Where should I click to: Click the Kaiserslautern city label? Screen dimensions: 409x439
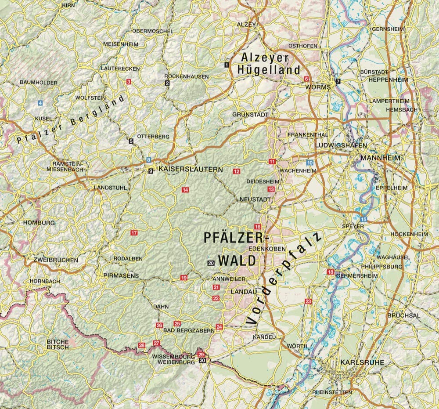tap(191, 169)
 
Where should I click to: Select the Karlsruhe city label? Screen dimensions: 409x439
tap(362, 362)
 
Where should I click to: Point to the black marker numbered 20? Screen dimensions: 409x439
tap(211, 263)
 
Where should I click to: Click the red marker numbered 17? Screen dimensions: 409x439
tap(134, 233)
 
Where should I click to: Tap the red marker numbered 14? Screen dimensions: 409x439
tap(185, 190)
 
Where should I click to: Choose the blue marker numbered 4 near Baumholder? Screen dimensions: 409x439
tap(40, 103)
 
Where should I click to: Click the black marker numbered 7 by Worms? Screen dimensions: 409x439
tap(338, 82)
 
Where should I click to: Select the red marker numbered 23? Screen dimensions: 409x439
tap(308, 301)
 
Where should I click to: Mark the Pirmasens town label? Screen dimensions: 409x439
tap(121, 275)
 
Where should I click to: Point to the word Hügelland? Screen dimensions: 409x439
tap(269, 70)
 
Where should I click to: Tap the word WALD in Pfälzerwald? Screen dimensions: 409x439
tap(237, 261)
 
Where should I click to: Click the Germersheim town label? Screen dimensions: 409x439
tap(357, 275)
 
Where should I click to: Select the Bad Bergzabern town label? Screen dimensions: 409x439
tap(189, 330)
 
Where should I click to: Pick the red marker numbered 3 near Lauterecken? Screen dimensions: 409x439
tap(129, 82)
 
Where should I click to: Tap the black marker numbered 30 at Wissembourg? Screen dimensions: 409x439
tap(202, 360)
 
